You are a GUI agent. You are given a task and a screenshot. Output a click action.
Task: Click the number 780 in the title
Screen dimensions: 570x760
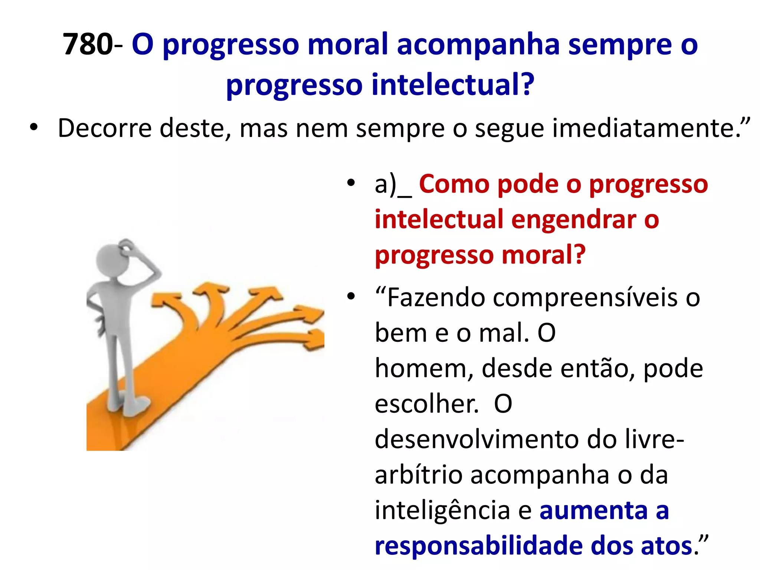click(x=88, y=44)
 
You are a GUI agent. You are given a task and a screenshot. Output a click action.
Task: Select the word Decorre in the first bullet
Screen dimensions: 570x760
click(x=105, y=128)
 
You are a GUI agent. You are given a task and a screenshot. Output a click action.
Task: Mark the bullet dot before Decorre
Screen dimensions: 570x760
click(x=34, y=128)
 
